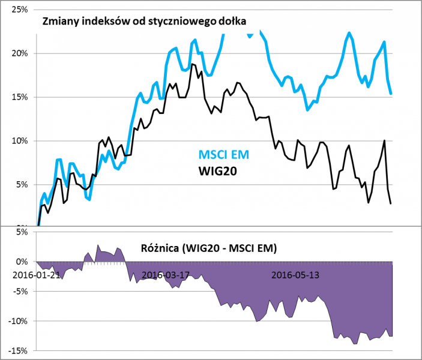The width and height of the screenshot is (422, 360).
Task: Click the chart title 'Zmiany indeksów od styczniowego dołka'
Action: (144, 22)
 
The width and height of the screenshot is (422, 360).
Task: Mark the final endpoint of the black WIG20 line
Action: (391, 203)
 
